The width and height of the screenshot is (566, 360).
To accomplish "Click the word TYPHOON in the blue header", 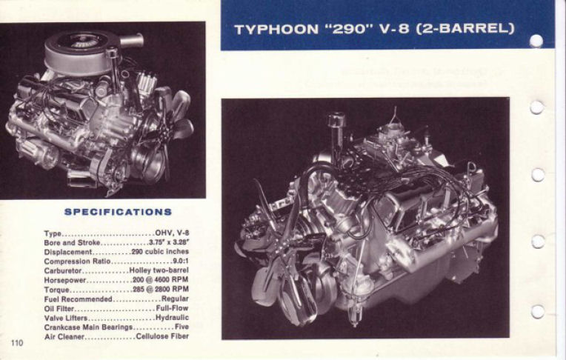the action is [x=276, y=29].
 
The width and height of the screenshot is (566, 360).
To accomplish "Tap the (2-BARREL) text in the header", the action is [x=465, y=29].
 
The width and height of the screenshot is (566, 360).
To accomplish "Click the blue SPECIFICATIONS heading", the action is [x=118, y=212].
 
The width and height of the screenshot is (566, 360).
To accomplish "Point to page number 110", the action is [x=17, y=343].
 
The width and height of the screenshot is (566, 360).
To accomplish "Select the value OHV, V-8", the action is [x=172, y=233].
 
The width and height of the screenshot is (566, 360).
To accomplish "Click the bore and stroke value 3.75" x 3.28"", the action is [x=169, y=242].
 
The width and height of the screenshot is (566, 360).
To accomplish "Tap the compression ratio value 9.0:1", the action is [x=181, y=261].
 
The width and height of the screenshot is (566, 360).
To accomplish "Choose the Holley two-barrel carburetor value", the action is [x=159, y=270].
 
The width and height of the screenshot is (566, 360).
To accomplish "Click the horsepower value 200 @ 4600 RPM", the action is [x=161, y=280].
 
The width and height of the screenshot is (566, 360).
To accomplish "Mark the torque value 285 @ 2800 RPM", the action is [x=161, y=289].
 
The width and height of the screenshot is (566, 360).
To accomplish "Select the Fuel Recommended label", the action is [x=79, y=299].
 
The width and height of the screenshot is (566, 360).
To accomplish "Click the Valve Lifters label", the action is [x=66, y=318].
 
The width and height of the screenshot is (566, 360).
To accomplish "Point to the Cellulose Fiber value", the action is [x=162, y=336].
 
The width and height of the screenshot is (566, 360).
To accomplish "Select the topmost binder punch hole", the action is [x=536, y=41].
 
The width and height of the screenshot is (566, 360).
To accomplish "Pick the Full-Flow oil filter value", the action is [x=172, y=308].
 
